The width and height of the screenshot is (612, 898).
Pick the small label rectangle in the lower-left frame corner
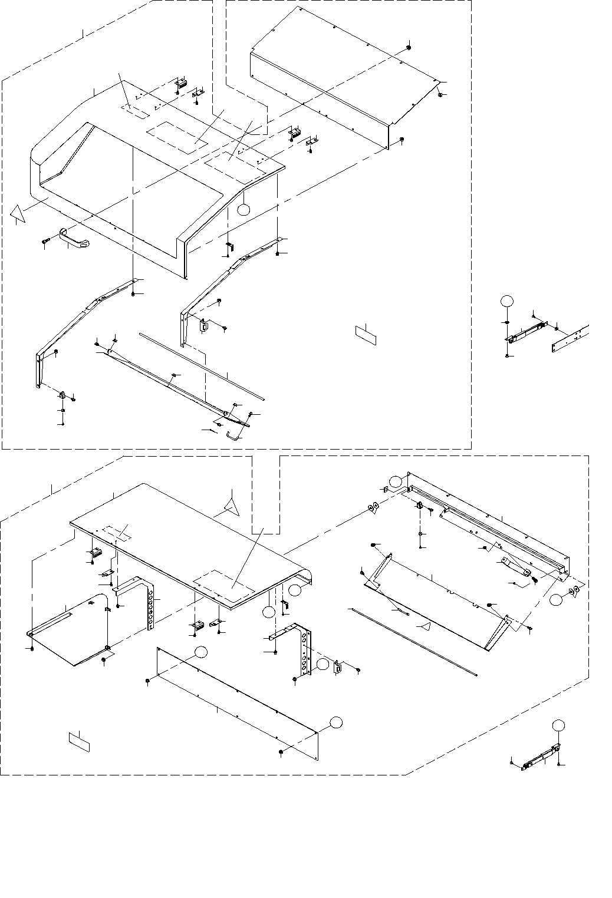tap(78, 741)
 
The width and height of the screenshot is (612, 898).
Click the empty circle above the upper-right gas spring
tap(506, 301)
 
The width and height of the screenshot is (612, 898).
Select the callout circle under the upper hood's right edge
tap(245, 208)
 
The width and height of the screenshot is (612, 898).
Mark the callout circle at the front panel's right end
tap(335, 722)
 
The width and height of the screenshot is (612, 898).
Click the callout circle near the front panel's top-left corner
tap(201, 652)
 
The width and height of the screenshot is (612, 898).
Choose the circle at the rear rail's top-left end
tap(403, 480)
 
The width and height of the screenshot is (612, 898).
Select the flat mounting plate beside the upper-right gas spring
tap(571, 340)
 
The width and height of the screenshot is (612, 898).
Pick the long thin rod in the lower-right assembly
tap(412, 641)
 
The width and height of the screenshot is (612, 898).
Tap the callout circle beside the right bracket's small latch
tap(322, 664)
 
